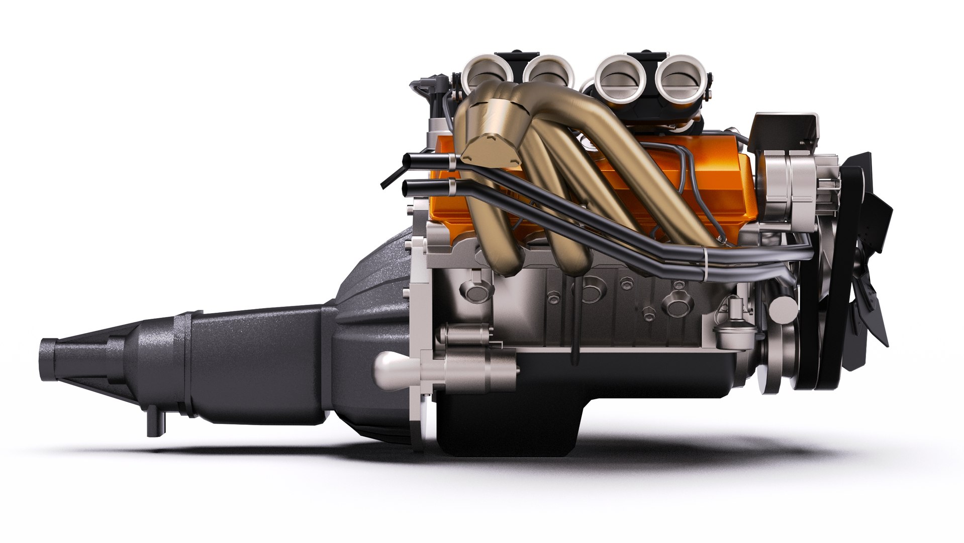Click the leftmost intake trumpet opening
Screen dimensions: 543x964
[x=480, y=74]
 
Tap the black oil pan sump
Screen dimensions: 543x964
[x=508, y=427]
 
